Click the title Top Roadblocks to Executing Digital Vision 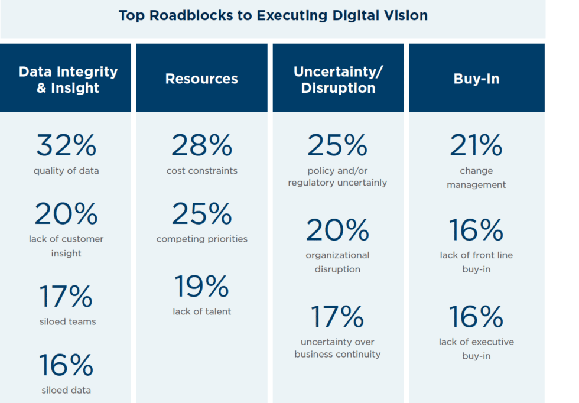tap(273, 15)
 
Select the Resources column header tap(201, 79)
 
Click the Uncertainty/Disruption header tap(338, 80)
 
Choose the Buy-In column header tap(476, 79)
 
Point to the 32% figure tap(66, 145)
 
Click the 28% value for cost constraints tap(201, 145)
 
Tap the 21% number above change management tap(476, 145)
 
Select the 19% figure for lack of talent tap(201, 287)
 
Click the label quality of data tap(66, 171)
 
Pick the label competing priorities tap(201, 239)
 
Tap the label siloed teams tap(66, 322)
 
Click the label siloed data tap(66, 390)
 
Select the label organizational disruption tap(337, 262)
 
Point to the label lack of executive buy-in tap(476, 349)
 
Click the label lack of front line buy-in tap(476, 262)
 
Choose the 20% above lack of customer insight tap(66, 214)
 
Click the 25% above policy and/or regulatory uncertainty tap(337, 145)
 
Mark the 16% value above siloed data tap(66, 365)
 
